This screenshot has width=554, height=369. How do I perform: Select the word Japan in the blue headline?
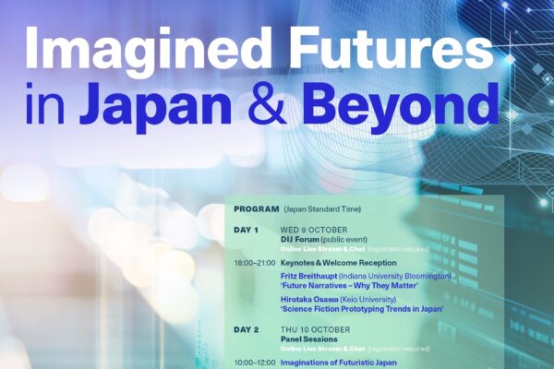(155, 105)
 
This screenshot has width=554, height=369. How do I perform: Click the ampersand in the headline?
(267, 104)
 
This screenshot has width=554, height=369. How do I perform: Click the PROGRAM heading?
(256, 209)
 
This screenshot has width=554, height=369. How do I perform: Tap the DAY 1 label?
(246, 231)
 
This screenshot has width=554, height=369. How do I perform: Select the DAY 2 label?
(246, 330)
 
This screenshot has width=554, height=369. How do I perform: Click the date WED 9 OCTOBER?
(314, 231)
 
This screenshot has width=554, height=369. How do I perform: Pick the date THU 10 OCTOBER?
(315, 330)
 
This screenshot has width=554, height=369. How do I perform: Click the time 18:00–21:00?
(255, 263)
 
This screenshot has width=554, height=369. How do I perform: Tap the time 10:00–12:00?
(255, 363)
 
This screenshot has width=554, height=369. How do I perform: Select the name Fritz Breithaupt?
(308, 276)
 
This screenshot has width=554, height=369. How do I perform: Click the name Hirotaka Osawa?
(309, 300)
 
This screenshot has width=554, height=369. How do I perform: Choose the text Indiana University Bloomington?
(395, 276)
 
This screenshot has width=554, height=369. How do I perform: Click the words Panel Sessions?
(308, 339)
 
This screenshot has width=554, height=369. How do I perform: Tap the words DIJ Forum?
(299, 240)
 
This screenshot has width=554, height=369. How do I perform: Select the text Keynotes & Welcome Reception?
(338, 263)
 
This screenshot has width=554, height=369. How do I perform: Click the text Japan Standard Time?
(322, 209)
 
